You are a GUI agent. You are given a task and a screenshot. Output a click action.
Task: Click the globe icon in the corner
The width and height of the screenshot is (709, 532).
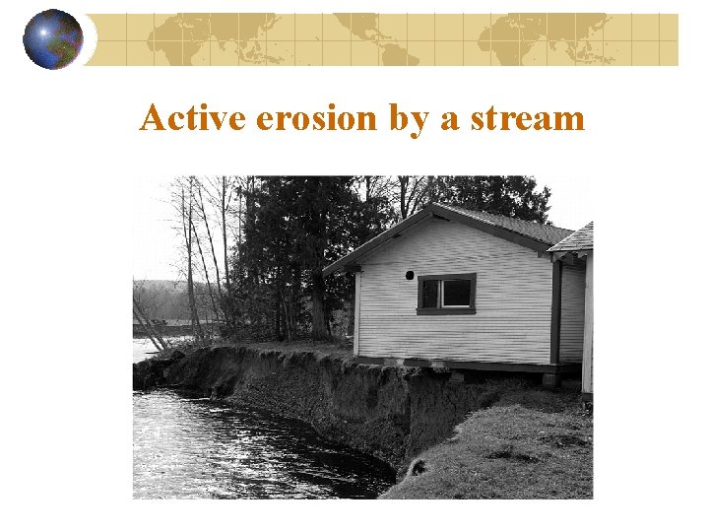point(52,38)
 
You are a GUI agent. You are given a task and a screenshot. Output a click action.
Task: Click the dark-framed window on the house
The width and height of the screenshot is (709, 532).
point(445,294)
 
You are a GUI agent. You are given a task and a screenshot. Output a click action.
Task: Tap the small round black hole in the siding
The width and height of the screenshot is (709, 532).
point(411,276)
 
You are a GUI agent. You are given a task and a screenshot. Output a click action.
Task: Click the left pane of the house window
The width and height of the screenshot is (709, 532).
point(431,294)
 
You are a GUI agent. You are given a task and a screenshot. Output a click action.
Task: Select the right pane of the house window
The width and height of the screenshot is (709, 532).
point(457,293)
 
